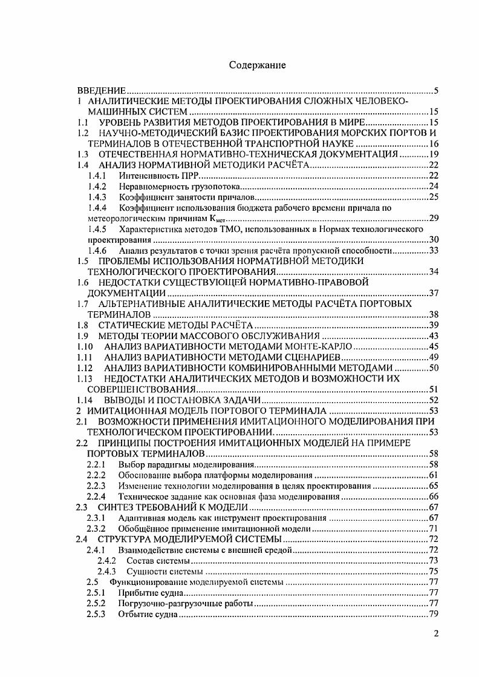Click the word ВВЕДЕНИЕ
tap(105, 91)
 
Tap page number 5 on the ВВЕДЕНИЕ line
tap(436, 91)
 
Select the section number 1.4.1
tap(97, 175)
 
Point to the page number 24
tap(433, 186)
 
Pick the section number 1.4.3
tap(97, 197)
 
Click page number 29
tap(433, 219)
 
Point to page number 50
tap(433, 368)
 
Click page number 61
tap(433, 475)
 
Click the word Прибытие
tap(136, 593)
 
